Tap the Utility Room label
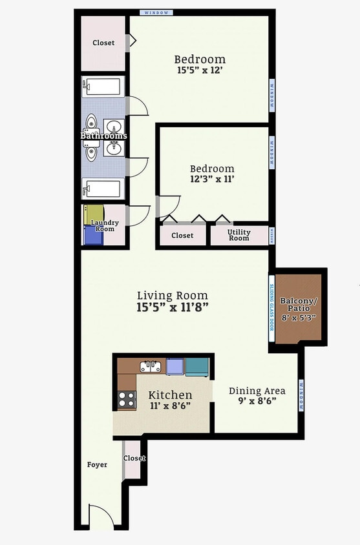[x=238, y=235]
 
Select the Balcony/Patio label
[x=299, y=304]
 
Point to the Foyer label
[x=97, y=464]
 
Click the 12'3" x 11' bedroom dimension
[x=213, y=179]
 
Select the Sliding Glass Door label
[x=271, y=307]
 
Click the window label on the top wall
[x=156, y=12]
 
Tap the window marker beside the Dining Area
[x=301, y=395]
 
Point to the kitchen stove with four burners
[x=127, y=400]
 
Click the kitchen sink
[x=151, y=367]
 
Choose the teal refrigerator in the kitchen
[x=197, y=367]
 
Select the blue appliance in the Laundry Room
[x=94, y=235]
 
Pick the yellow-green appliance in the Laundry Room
[x=94, y=214]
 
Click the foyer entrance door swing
[x=101, y=516]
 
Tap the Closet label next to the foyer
[x=134, y=458]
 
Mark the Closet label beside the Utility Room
[x=182, y=236]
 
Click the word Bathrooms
[x=103, y=136]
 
